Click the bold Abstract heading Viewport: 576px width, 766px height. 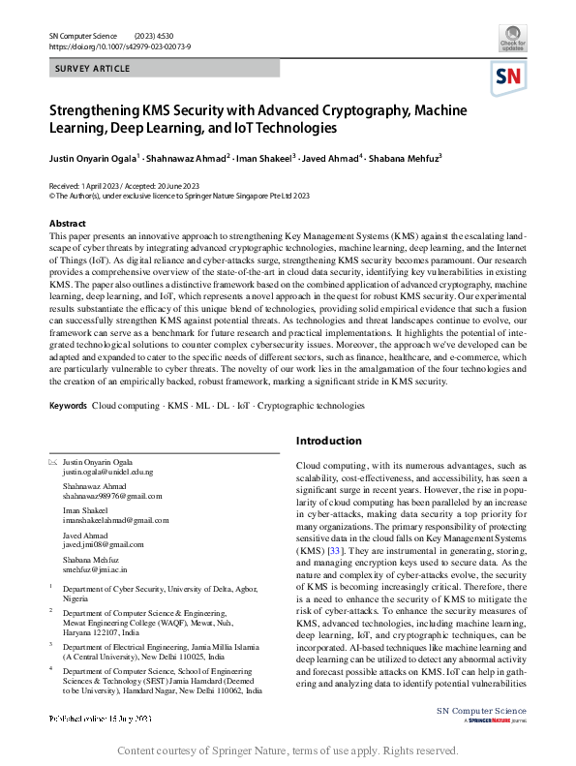click(x=67, y=224)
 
